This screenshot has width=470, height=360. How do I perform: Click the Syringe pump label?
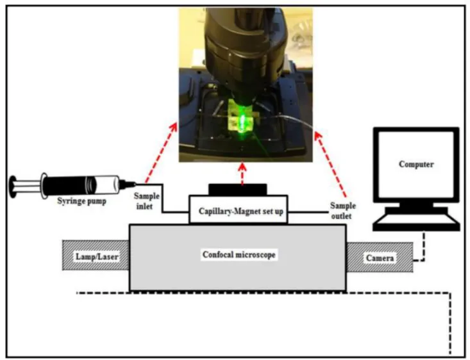(81, 200)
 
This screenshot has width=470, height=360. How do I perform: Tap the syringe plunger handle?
(13, 187)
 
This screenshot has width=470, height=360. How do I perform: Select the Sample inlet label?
(146, 201)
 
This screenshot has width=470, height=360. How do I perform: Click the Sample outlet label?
(342, 211)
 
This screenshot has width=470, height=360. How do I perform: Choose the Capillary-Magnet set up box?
(239, 209)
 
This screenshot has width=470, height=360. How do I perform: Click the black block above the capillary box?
(238, 190)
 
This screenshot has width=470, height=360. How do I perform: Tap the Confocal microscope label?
(239, 254)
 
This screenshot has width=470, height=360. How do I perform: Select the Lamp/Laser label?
(97, 256)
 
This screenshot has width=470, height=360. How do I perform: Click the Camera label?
(380, 258)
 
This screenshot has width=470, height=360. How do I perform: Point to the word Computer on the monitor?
(416, 164)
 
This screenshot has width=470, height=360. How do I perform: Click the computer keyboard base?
(416, 224)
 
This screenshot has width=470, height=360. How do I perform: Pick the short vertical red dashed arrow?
(242, 174)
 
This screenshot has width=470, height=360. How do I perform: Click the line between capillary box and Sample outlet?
(308, 212)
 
